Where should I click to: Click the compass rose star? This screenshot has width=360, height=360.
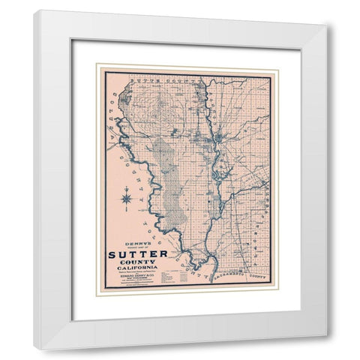[x=126, y=199]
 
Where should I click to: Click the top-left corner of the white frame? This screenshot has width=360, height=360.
[x=34, y=11]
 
